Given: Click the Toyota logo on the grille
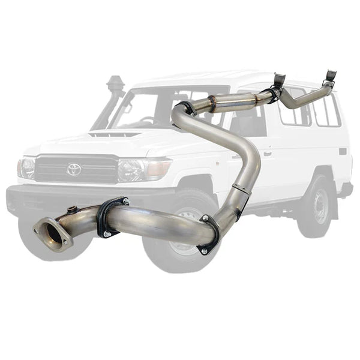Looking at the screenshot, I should tap(74, 169).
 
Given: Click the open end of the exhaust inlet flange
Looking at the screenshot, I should tap(51, 232).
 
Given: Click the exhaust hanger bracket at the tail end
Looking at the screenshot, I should tap(330, 77).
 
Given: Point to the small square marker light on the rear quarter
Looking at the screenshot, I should tap(342, 151).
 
